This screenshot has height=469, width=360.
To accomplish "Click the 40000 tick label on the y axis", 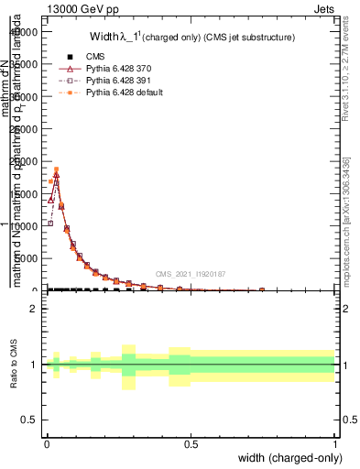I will (x=23, y=31).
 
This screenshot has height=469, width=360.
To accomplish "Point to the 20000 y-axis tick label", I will (x=23, y=161).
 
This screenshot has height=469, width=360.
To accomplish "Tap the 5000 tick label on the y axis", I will (x=26, y=259).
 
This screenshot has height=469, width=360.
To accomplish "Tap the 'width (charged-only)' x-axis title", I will (x=289, y=457).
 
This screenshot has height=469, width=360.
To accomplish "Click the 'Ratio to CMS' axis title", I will (x=15, y=365).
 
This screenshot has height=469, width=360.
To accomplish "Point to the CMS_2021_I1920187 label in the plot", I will (x=191, y=274).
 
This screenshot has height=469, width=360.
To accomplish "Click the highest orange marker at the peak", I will (x=56, y=169).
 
